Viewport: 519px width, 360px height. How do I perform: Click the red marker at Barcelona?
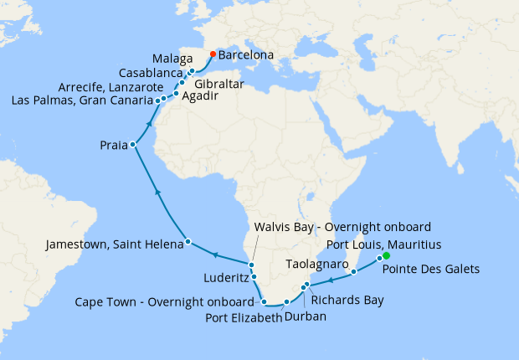(213, 54)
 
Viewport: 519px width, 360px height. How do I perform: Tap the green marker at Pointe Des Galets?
(386, 256)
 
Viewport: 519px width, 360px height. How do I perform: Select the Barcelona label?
(246, 55)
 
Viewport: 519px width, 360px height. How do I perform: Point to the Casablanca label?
(148, 73)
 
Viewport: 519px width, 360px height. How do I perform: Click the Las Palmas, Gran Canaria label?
(81, 100)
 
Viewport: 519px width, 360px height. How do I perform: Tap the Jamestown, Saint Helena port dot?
(188, 242)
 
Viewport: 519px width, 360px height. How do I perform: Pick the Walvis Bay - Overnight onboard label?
(343, 227)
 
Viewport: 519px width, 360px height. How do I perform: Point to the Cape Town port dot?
(264, 301)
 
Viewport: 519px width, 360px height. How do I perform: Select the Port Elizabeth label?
(239, 316)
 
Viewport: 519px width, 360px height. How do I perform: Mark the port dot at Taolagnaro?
(355, 272)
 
